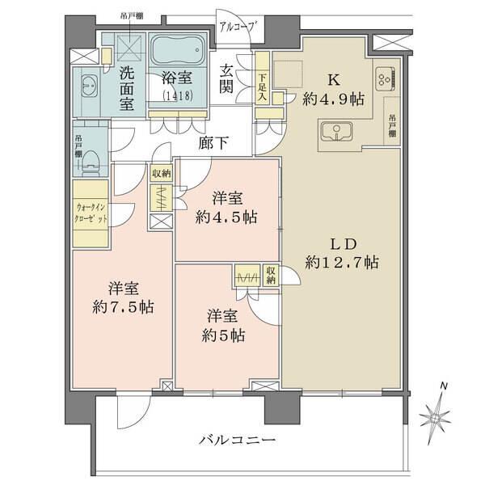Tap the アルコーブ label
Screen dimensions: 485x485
(238, 27)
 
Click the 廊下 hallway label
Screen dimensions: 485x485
(213, 143)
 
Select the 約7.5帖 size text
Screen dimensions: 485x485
(124, 307)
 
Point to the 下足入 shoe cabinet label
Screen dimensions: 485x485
(263, 85)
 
